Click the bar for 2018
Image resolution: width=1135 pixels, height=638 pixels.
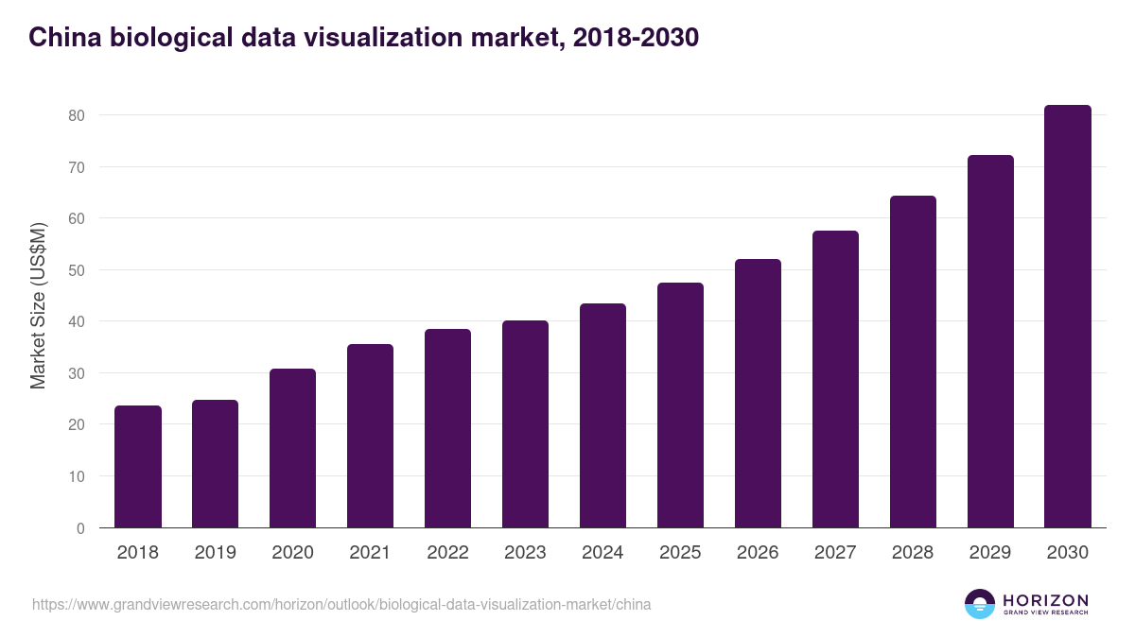(138, 467)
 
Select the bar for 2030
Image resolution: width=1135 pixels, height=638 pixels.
(1068, 317)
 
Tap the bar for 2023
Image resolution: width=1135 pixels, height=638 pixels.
(525, 424)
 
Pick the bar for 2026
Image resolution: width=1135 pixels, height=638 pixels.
(758, 393)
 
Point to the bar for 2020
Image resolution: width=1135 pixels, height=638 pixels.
(292, 448)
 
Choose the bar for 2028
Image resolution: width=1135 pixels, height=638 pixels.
(913, 362)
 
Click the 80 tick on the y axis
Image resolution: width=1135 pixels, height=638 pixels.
(76, 115)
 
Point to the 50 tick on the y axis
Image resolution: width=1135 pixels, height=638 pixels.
(76, 270)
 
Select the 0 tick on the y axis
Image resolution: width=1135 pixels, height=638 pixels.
(80, 528)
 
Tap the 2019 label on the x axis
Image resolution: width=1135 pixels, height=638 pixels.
(216, 553)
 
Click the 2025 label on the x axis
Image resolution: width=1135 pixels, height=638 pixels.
(680, 553)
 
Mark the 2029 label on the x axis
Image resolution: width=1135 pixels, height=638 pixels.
(990, 553)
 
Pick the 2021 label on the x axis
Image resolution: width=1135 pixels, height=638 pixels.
(370, 553)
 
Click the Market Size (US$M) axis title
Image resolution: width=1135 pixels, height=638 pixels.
(39, 305)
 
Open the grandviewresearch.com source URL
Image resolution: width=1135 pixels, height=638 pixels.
(341, 604)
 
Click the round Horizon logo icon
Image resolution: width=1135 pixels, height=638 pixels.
(980, 604)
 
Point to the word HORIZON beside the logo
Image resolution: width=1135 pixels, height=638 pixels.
(1045, 600)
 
